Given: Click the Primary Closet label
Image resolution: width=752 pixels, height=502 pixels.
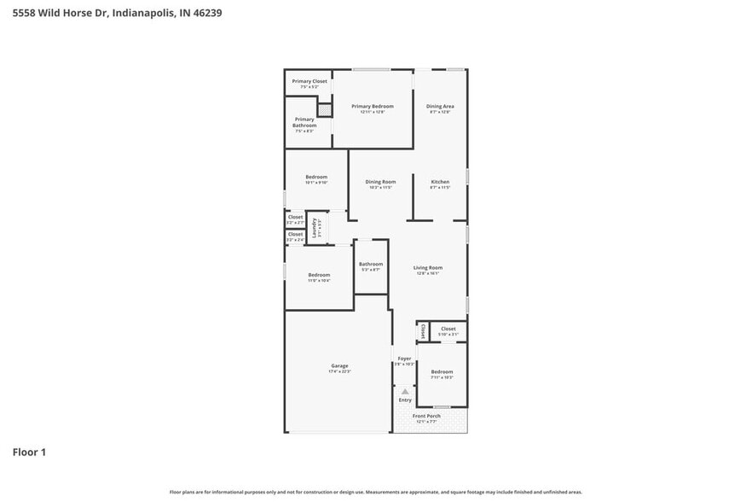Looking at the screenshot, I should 309,81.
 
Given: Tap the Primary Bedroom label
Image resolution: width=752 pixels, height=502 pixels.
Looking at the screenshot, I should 373,107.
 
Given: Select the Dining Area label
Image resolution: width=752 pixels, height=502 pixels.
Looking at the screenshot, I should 440,107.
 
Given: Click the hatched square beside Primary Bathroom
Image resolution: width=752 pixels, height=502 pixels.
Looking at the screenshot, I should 324,110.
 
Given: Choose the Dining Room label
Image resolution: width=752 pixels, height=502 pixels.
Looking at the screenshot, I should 380,182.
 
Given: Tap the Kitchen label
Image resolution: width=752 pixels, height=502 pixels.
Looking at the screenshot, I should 440,182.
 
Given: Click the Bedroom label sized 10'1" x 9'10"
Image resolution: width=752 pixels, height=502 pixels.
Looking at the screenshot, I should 316,178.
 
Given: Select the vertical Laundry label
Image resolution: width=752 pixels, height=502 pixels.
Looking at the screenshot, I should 315,227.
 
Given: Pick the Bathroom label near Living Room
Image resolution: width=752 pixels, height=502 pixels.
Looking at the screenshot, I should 371,265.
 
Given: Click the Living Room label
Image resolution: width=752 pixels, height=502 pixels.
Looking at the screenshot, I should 428,268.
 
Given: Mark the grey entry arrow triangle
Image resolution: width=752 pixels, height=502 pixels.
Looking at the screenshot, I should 405,392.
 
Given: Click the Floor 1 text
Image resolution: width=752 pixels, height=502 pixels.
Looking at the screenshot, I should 29,452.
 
